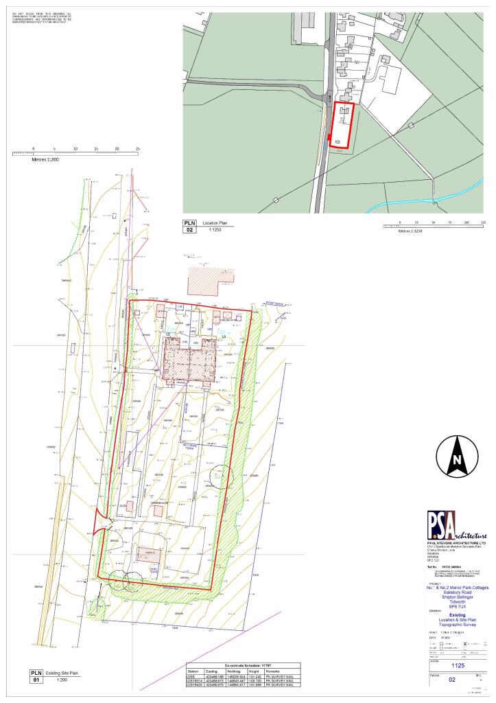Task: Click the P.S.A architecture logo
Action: (x=456, y=525)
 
